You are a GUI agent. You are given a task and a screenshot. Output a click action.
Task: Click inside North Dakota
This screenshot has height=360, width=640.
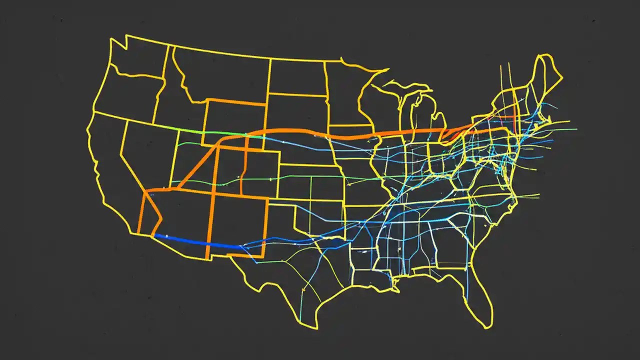coord(297,77)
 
